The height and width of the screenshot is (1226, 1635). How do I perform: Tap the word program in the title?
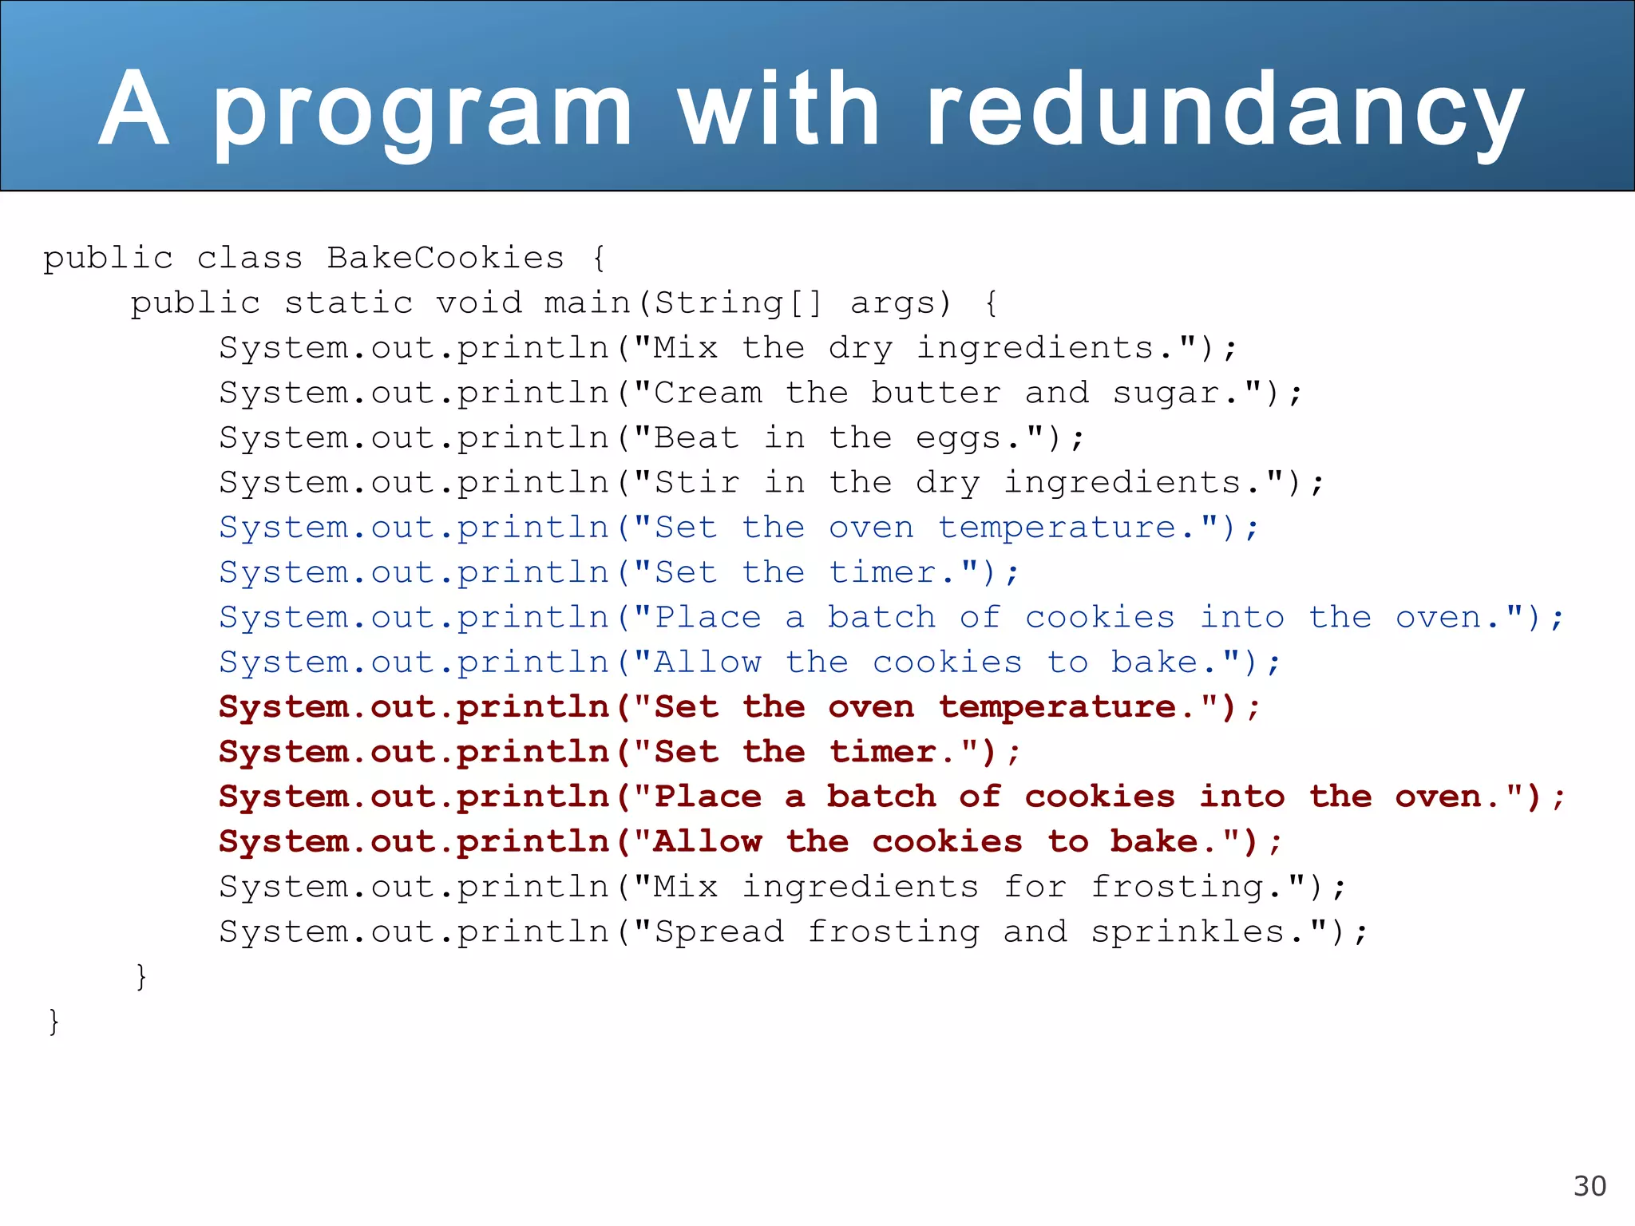pyautogui.click(x=423, y=112)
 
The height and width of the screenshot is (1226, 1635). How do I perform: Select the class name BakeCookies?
pyautogui.click(x=445, y=258)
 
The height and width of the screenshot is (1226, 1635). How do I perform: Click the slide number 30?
pyautogui.click(x=1589, y=1186)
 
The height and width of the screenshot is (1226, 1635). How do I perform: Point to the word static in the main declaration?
pyautogui.click(x=349, y=303)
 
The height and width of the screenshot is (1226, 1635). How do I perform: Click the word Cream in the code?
pyautogui.click(x=707, y=393)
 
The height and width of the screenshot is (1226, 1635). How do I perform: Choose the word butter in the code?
pyautogui.click(x=936, y=393)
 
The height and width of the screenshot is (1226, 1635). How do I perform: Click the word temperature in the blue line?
pyautogui.click(x=1057, y=528)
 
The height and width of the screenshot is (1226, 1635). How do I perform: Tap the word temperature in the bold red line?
pyautogui.click(x=1057, y=707)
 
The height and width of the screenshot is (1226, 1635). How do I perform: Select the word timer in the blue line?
pyautogui.click(x=882, y=572)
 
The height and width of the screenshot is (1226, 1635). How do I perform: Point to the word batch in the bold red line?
pyautogui.click(x=881, y=797)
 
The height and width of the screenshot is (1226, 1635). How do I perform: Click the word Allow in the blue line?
pyautogui.click(x=707, y=662)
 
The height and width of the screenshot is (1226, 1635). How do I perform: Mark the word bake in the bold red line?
pyautogui.click(x=1154, y=842)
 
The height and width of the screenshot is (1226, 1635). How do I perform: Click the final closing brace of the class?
pyautogui.click(x=53, y=1021)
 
